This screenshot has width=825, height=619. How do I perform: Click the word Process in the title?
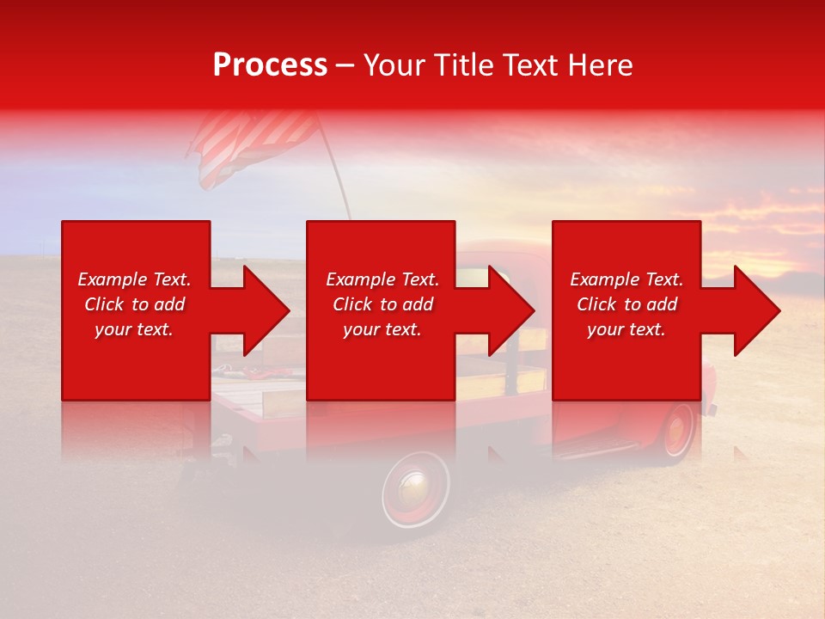pyautogui.click(x=270, y=65)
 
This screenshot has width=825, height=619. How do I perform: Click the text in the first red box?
pyautogui.click(x=134, y=304)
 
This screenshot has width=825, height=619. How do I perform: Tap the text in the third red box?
pyautogui.click(x=626, y=304)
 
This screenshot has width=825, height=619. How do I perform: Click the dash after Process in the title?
pyautogui.click(x=345, y=66)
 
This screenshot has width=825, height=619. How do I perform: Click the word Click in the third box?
pyautogui.click(x=596, y=304)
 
